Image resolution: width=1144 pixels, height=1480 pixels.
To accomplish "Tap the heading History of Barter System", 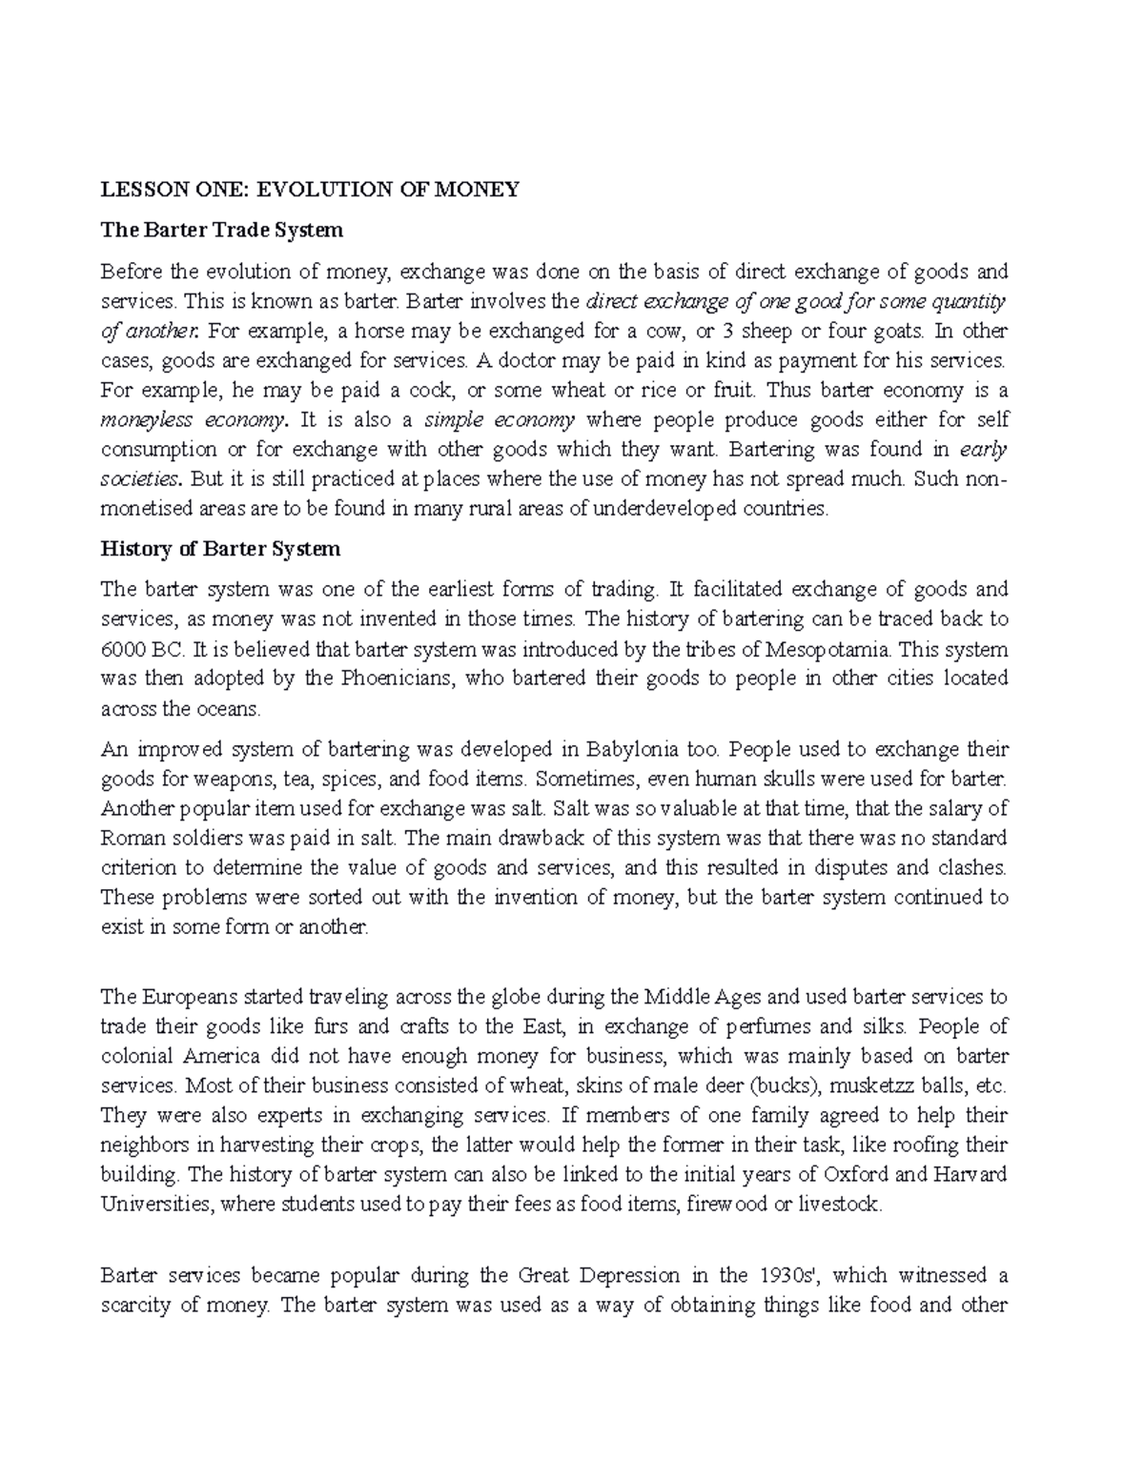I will tap(220, 549).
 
